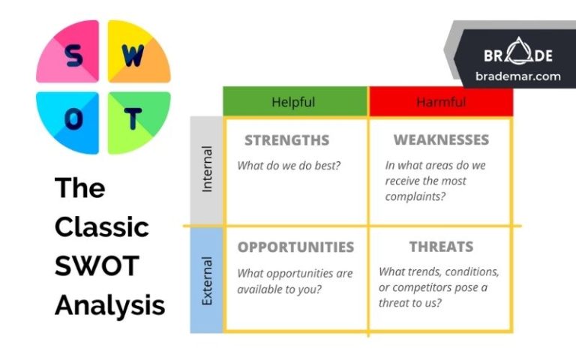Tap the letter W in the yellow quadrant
[x=133, y=56]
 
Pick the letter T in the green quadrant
[x=133, y=118]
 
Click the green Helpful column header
[x=293, y=102]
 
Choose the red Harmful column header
[x=440, y=102]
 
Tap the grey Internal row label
[x=207, y=169]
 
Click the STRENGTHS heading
[x=286, y=140]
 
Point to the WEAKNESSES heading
[x=441, y=140]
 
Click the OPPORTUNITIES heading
[x=295, y=247]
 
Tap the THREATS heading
[x=441, y=247]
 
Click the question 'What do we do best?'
[x=289, y=166]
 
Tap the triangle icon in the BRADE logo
[x=521, y=55]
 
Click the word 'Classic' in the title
[x=101, y=226]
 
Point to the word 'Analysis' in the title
[x=109, y=304]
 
